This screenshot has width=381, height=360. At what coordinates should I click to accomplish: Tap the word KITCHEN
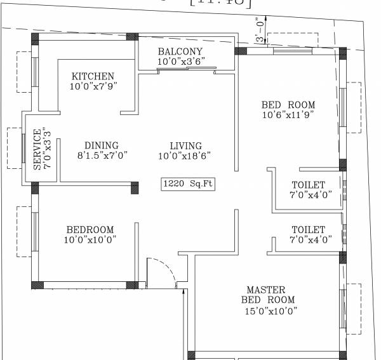pyautogui.click(x=93, y=76)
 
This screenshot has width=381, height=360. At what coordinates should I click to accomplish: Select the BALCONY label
pyautogui.click(x=180, y=51)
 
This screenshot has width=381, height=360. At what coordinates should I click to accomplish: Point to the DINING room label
pyautogui.click(x=102, y=145)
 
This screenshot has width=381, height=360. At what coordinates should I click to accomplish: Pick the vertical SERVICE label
pyautogui.click(x=37, y=150)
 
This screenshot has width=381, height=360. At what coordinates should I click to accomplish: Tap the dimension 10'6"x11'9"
pyautogui.click(x=288, y=116)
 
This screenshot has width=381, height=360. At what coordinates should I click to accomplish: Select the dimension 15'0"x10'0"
pyautogui.click(x=271, y=310)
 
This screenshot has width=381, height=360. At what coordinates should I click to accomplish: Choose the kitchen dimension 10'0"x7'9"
pyautogui.click(x=93, y=86)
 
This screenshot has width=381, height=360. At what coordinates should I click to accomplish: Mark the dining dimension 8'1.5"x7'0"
pyautogui.click(x=103, y=156)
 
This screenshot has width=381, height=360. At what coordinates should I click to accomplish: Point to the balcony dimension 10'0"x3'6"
pyautogui.click(x=180, y=62)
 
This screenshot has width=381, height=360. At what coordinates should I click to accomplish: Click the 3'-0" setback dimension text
pyautogui.click(x=259, y=30)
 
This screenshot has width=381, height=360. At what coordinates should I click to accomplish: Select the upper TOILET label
pyautogui.click(x=308, y=185)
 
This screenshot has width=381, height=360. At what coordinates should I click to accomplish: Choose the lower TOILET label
pyautogui.click(x=308, y=229)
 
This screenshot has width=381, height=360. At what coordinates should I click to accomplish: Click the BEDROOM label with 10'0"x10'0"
pyautogui.click(x=90, y=229)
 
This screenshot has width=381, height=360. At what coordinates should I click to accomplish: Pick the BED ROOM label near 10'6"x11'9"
pyautogui.click(x=288, y=105)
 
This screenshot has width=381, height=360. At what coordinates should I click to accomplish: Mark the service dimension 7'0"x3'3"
pyautogui.click(x=47, y=150)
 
